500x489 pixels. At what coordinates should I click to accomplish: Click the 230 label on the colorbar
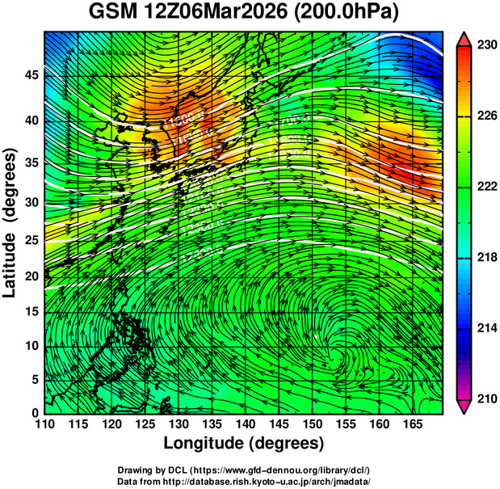coord(483,45)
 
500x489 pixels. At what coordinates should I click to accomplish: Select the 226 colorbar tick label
coord(483,116)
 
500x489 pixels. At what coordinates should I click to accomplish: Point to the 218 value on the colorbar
coord(483,257)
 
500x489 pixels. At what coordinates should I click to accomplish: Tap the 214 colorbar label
coord(483,328)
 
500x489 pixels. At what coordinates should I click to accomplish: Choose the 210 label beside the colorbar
coord(483,398)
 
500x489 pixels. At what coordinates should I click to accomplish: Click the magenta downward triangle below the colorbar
coord(464,406)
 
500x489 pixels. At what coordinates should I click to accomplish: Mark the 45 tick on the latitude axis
coord(31,75)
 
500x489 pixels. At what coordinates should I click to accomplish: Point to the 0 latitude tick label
coord(36,413)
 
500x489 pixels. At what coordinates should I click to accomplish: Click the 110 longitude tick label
coord(44,424)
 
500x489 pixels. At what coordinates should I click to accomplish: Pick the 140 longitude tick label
coord(244,424)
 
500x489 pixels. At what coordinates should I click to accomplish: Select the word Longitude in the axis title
coord(206,444)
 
